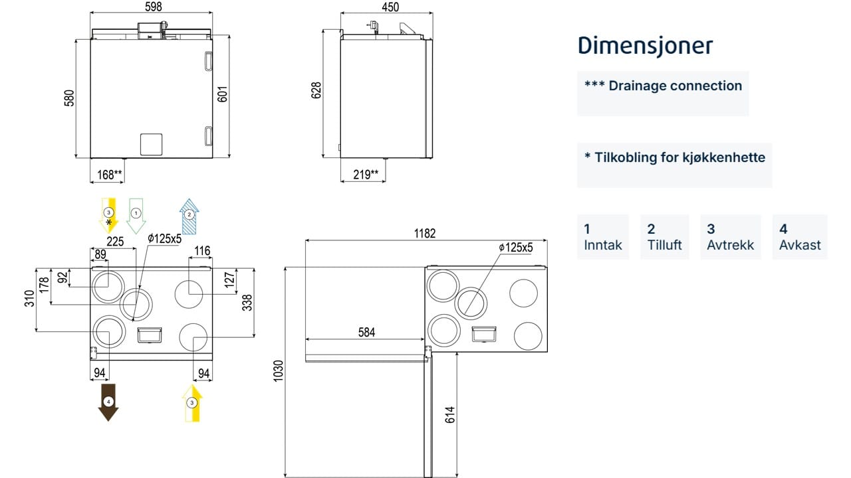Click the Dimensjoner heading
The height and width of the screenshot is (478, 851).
[645, 46]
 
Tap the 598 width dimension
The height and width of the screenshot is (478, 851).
[154, 7]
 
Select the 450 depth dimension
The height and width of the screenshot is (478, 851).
[390, 7]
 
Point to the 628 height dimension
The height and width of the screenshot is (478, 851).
[316, 90]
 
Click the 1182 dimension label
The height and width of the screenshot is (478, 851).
[424, 233]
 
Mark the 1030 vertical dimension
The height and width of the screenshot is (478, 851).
[279, 370]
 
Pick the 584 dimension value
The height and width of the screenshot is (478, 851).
[366, 333]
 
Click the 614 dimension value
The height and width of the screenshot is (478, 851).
[450, 415]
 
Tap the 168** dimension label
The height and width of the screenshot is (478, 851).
[110, 175]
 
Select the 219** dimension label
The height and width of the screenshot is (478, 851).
[366, 175]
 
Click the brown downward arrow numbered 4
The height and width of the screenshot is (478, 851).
[108, 402]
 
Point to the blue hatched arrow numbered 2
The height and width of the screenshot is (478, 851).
[189, 216]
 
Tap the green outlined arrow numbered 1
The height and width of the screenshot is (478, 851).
[136, 216]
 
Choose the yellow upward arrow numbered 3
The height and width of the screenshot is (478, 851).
[192, 403]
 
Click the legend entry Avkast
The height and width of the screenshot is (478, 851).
[800, 237]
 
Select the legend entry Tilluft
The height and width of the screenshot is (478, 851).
[664, 237]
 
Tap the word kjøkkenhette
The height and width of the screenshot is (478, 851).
[724, 157]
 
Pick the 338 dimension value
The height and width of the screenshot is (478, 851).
[247, 302]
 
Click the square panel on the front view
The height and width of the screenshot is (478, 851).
[151, 144]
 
